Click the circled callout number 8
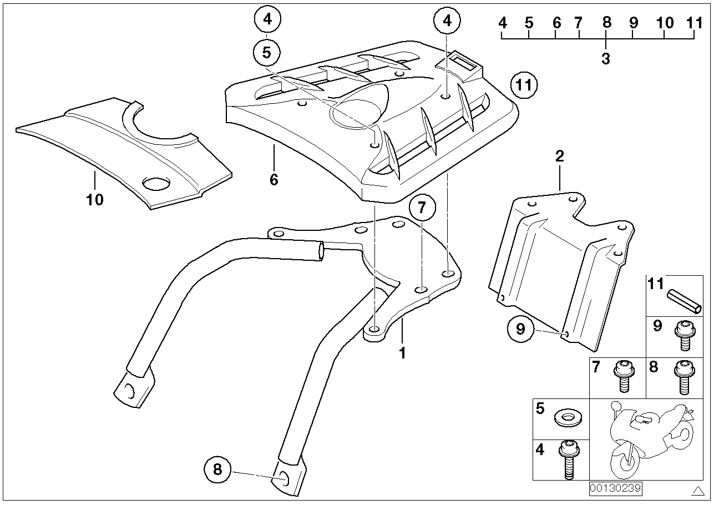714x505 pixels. point(217,469)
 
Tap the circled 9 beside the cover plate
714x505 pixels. point(520,329)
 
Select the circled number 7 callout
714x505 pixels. point(422,208)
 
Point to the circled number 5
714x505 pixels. point(267,53)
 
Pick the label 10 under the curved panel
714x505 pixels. point(95,199)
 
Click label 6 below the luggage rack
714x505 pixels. point(274,179)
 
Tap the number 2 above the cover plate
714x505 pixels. point(559,156)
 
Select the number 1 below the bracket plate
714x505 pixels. point(403,352)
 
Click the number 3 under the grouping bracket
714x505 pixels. point(605,58)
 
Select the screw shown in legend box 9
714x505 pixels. point(683,335)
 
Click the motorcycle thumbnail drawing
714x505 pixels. point(650,438)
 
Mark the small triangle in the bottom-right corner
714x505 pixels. point(698,490)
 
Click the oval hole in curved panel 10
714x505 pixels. point(157,184)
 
